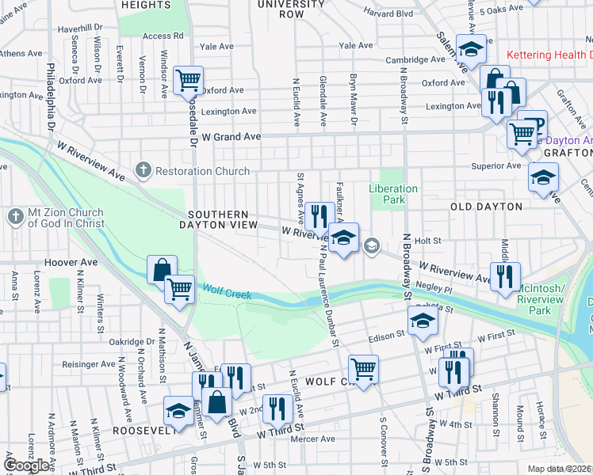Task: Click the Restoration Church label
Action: (x=202, y=170)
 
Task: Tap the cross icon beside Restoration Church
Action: (x=143, y=169)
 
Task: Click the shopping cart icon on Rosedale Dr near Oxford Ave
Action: (x=188, y=79)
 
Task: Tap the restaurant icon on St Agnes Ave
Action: (x=318, y=215)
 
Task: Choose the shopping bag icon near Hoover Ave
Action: (x=162, y=269)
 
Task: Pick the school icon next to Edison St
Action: (x=423, y=320)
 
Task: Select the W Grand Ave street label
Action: (x=231, y=137)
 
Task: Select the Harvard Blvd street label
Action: (x=388, y=13)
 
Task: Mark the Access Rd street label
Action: (x=163, y=36)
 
